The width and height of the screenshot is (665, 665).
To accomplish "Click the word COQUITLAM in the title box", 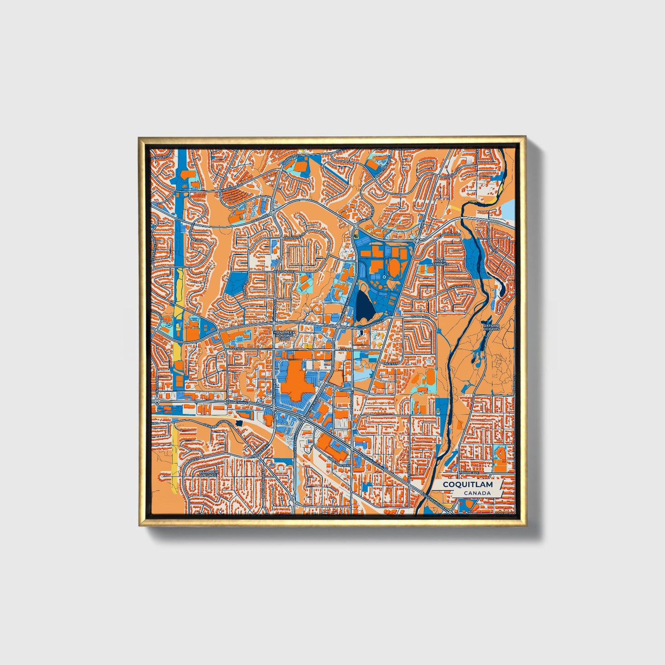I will (x=468, y=485).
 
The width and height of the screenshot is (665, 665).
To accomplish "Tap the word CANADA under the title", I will (x=477, y=493).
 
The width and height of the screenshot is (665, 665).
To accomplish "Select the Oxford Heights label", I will (x=491, y=327).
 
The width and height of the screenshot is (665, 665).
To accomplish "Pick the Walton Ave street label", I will (x=283, y=272).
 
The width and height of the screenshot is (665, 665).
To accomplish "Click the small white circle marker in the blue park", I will (x=383, y=277).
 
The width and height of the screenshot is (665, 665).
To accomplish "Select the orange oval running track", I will (x=394, y=266).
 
